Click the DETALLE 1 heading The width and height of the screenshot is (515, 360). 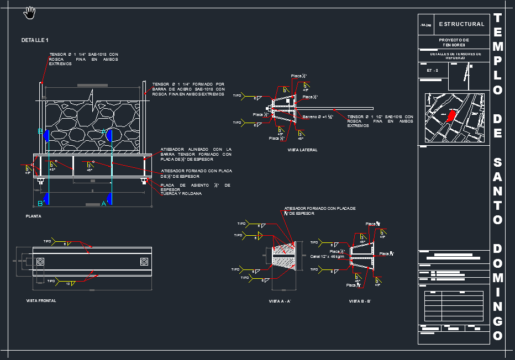tap(35, 40)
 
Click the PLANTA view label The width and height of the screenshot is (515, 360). tap(33, 216)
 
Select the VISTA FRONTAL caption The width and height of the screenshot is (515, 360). tap(41, 300)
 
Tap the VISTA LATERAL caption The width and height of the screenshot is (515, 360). tap(302, 150)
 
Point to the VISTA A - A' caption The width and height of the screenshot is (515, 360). tap(280, 301)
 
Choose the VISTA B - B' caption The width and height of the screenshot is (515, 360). tap(359, 301)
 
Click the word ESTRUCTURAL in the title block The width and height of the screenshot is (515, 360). tap(461, 24)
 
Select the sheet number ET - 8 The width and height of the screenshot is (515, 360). tap(432, 71)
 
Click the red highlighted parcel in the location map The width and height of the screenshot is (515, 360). tap(451, 116)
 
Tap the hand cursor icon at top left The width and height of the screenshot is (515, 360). tap(29, 12)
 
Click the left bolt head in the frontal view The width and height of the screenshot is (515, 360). tap(40, 261)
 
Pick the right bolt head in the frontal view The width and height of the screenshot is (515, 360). tap(144, 261)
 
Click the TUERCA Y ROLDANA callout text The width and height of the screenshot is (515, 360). tap(181, 193)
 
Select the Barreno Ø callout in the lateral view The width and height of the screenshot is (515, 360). tap(317, 117)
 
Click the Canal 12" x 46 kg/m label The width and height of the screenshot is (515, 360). tap(327, 256)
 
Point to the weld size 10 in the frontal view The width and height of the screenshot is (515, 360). tap(67, 284)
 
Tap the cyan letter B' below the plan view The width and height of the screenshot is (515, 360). tap(41, 203)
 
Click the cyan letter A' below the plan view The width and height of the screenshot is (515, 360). tap(104, 203)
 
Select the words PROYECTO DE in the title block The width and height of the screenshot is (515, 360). tap(454, 40)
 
